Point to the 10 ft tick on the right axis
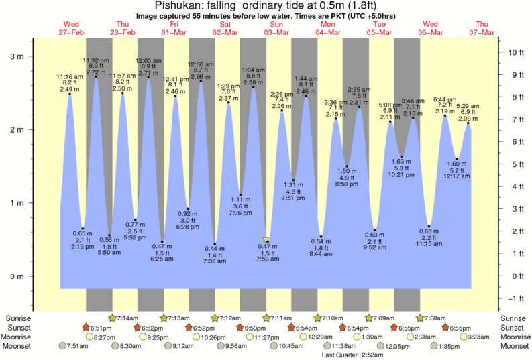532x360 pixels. [516, 52]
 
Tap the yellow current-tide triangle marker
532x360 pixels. [266, 239]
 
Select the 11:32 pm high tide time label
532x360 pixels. [96, 60]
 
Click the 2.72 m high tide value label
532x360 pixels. [96, 72]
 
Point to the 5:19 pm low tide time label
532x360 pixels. [83, 247]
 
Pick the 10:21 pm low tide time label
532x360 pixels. [401, 175]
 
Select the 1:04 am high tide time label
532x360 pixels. [253, 70]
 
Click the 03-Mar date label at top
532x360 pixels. [276, 32]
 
